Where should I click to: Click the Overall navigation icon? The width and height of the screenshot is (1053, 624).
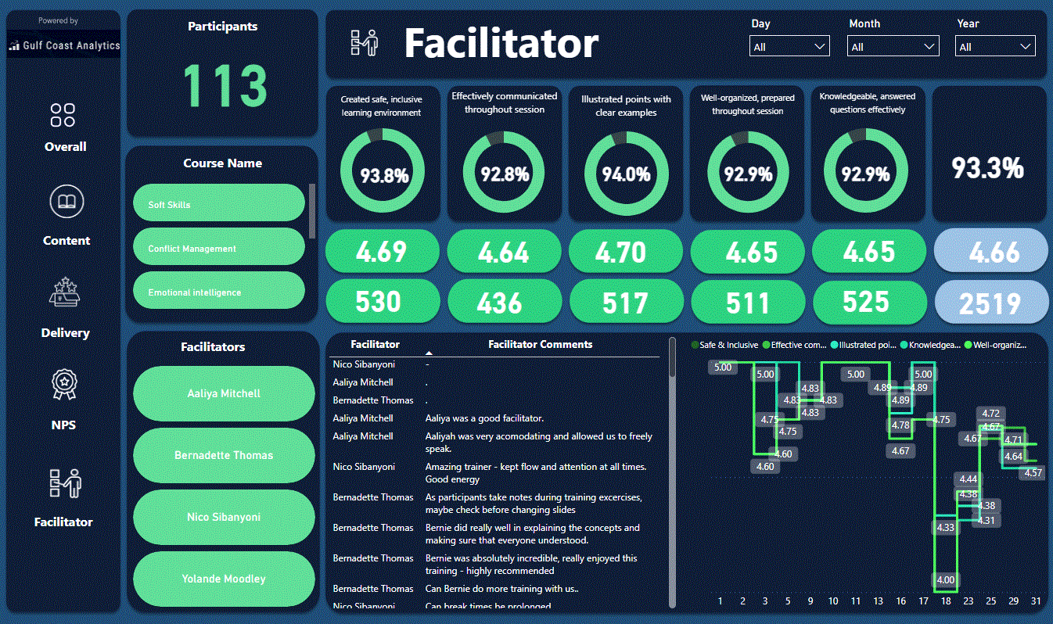(x=63, y=116)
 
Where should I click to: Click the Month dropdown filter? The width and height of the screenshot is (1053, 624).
(x=893, y=47)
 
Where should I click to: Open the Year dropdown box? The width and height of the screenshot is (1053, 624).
(x=995, y=47)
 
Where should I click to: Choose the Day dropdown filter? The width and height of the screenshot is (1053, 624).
(x=789, y=47)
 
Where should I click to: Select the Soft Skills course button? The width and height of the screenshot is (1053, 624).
(x=218, y=204)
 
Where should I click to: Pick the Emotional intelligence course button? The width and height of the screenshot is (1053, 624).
(x=218, y=292)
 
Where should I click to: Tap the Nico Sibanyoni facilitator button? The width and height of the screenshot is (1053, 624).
(x=224, y=517)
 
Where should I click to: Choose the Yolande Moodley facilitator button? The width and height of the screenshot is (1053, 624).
(x=224, y=579)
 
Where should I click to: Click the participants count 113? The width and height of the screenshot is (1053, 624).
(x=225, y=84)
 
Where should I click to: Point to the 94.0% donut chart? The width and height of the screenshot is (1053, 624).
(x=626, y=174)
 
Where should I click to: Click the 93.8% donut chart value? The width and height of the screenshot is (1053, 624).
(x=383, y=174)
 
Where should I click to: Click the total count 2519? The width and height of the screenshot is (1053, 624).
(x=990, y=303)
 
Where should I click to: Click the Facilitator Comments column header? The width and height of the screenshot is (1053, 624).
(x=540, y=344)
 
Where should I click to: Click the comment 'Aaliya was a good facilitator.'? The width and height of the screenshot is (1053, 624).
(x=484, y=418)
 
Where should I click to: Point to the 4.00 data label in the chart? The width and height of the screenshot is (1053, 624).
(x=946, y=579)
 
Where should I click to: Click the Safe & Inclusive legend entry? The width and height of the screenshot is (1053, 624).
(x=726, y=344)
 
